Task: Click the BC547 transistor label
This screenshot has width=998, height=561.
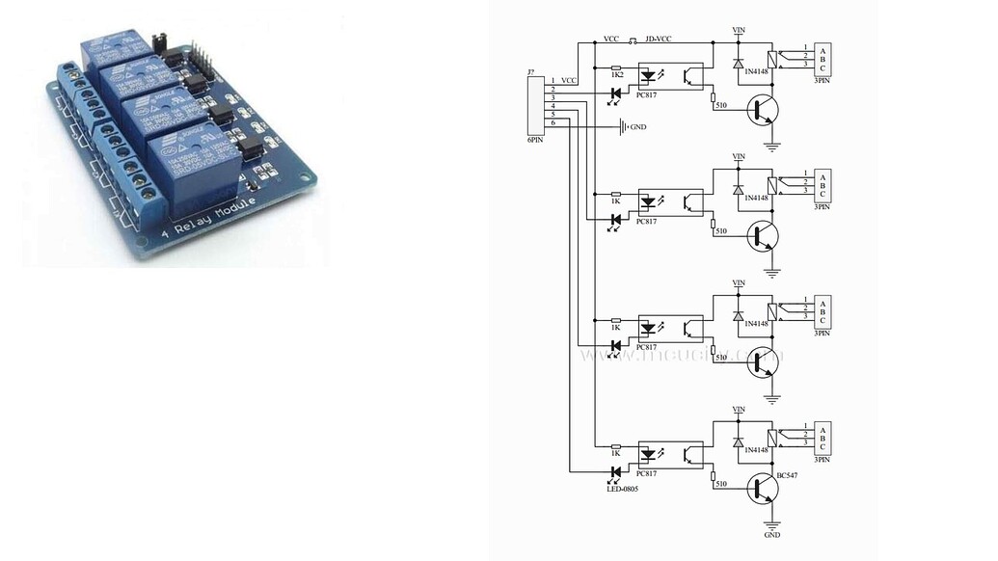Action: click(789, 475)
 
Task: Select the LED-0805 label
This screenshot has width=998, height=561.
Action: click(623, 489)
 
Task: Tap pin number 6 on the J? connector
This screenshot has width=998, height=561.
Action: click(553, 123)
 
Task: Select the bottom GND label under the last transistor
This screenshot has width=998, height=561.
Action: click(771, 535)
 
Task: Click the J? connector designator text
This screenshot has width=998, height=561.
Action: click(531, 72)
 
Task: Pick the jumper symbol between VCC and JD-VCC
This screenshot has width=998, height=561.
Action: click(634, 41)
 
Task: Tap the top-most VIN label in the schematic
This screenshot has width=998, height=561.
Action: click(739, 30)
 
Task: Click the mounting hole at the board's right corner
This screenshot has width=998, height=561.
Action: click(308, 176)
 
